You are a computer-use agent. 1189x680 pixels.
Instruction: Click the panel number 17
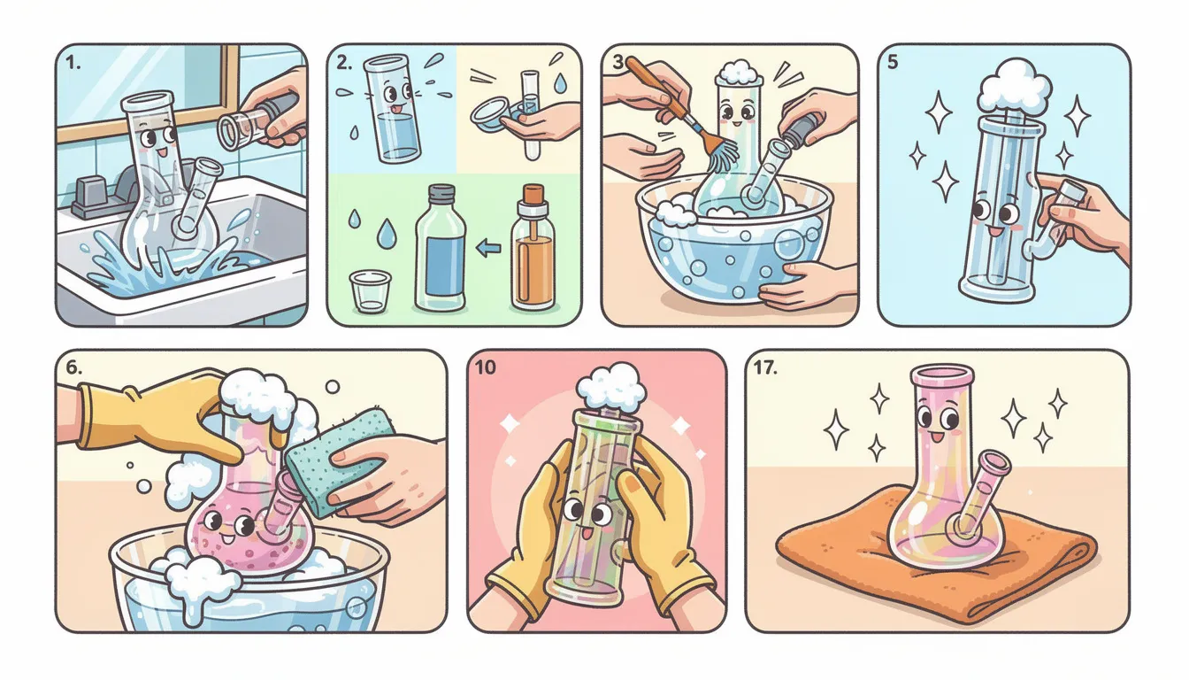tap(765, 367)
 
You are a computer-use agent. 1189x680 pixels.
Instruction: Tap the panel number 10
tap(485, 367)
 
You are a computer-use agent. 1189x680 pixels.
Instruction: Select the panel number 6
tap(73, 367)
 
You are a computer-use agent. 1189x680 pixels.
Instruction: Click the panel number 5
tap(893, 62)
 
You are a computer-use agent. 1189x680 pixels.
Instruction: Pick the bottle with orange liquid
tap(533, 248)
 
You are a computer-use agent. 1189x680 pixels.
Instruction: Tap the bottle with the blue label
tap(441, 248)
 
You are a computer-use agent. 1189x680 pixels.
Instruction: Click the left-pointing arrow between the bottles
tap(489, 247)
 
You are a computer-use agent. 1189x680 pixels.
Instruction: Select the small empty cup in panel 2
tap(371, 291)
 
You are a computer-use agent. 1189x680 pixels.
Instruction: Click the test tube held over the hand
tap(530, 115)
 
